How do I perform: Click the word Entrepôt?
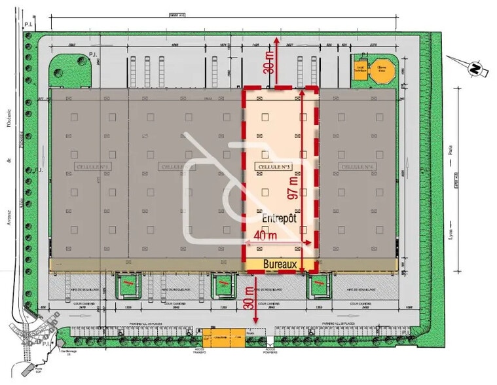[280, 219]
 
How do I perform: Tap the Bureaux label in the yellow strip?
[280, 265]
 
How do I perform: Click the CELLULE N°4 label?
[356, 167]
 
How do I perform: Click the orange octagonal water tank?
[380, 71]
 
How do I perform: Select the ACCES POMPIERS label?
[270, 351]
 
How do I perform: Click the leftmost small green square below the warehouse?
[129, 285]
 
